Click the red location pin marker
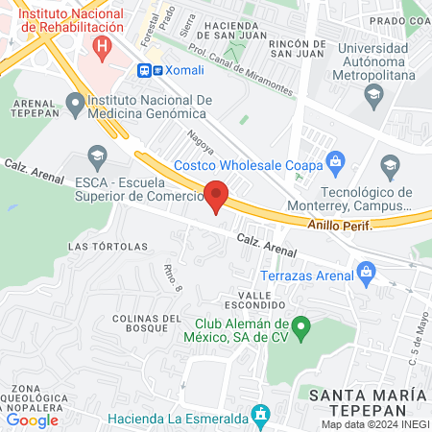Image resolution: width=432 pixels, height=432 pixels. click(x=216, y=195)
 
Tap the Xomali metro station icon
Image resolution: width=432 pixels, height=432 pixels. click(x=144, y=70)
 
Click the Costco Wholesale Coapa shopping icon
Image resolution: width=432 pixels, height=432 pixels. click(x=335, y=159)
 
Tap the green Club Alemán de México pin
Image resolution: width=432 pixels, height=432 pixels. click(x=300, y=329)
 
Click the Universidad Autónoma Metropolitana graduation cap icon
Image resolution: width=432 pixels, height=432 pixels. click(x=372, y=94)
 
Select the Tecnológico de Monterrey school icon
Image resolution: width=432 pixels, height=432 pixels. click(x=390, y=167)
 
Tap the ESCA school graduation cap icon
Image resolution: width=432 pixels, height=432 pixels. click(x=96, y=155)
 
